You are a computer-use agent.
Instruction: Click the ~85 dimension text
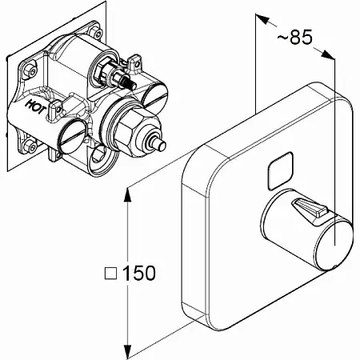pos(295,37)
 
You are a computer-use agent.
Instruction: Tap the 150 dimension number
pos(138,273)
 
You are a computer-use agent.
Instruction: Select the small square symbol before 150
pos(111,274)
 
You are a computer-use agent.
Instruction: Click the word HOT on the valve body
pos(36,107)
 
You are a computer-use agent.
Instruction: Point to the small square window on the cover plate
pos(281,170)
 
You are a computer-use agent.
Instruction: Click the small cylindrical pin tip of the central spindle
pos(160,145)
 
